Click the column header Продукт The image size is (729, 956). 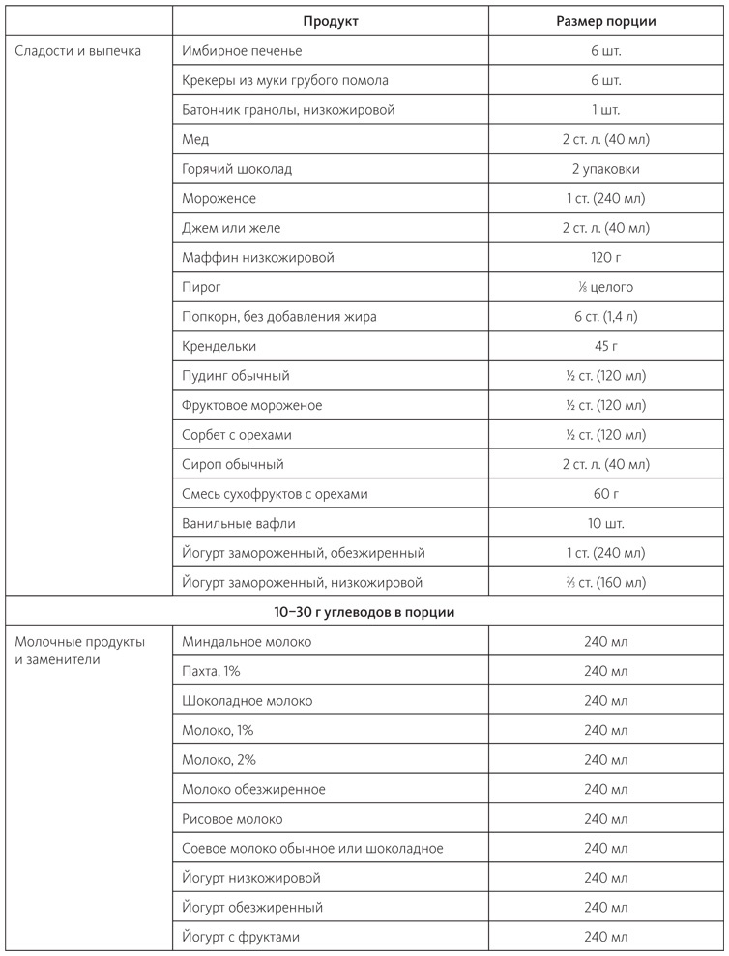[330, 21]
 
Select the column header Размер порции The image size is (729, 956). [605, 21]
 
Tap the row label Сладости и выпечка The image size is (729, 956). [78, 50]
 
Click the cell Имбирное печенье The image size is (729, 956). [242, 50]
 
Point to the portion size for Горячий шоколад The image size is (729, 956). [605, 169]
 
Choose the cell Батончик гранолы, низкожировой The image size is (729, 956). [288, 110]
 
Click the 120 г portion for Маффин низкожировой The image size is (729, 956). [605, 258]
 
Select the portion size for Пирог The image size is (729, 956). [605, 287]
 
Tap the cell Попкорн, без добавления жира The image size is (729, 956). [278, 317]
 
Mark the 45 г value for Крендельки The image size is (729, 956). [605, 346]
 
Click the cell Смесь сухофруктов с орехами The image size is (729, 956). [275, 494]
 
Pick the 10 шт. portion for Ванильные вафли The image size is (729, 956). [605, 523]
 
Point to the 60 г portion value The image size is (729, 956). [605, 494]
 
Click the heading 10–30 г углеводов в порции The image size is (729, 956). [364, 612]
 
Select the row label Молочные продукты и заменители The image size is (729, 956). [81, 652]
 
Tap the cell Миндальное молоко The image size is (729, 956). [247, 642]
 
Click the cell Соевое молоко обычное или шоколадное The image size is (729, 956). [312, 849]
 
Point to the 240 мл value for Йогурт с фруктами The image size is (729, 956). [605, 937]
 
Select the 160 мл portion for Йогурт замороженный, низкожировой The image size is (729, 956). [605, 583]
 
